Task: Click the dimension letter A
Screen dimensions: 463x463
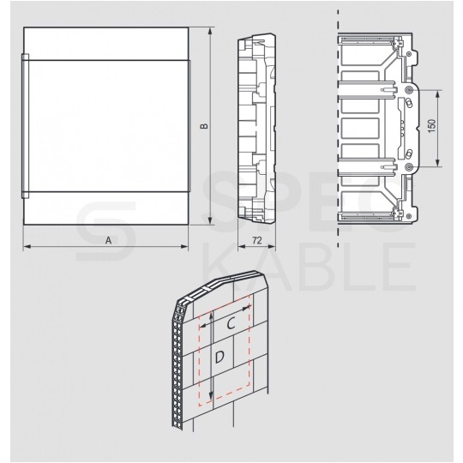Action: [x=108, y=241]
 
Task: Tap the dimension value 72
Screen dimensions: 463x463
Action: [x=256, y=241]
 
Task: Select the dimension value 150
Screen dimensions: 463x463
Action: [x=435, y=126]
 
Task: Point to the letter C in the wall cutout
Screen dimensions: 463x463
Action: [x=231, y=324]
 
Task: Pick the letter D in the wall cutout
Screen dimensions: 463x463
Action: [x=220, y=356]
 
